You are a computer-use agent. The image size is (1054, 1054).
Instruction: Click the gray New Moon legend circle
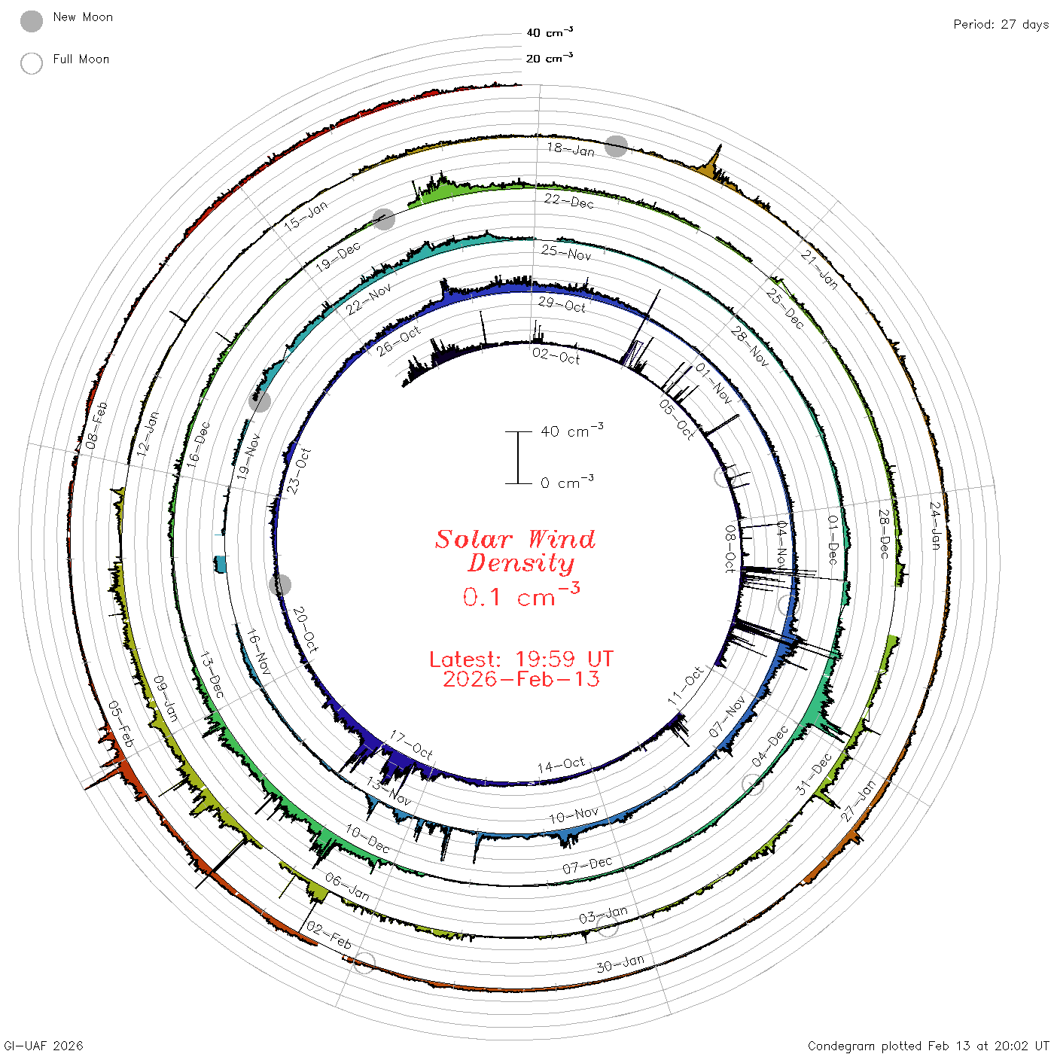(32, 21)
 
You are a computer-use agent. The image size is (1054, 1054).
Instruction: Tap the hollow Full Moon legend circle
(32, 63)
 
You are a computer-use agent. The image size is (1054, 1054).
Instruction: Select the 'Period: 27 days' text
(1001, 25)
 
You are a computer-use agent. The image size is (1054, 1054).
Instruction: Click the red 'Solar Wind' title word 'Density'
(521, 563)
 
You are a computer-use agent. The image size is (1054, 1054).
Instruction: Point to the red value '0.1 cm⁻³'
(521, 596)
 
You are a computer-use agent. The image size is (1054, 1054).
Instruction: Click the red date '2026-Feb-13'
(521, 679)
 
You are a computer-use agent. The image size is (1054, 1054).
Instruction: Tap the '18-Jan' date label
(571, 149)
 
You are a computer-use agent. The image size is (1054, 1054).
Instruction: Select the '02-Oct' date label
(556, 356)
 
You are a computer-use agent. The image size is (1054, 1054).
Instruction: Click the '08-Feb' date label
(97, 425)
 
